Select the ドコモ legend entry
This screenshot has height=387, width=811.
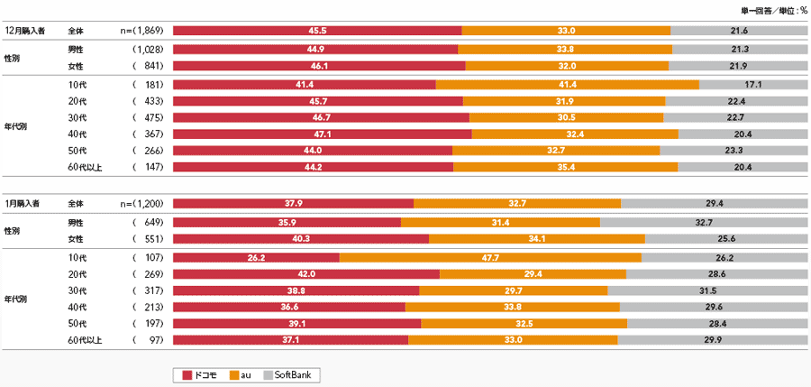(200, 374)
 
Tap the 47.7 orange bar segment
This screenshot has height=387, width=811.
(490, 257)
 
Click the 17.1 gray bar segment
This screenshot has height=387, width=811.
(752, 84)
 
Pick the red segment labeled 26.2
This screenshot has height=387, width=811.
(255, 257)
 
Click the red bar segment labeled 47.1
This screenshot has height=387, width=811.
(322, 134)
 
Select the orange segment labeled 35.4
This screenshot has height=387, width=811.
(565, 166)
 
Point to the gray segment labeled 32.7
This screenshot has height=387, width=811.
(704, 222)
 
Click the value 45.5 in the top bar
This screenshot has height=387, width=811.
(316, 30)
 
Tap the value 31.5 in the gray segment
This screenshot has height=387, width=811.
(707, 290)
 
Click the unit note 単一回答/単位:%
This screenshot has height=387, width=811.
(774, 10)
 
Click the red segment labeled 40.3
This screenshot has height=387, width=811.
(300, 238)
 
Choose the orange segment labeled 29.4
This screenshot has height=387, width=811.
(533, 273)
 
